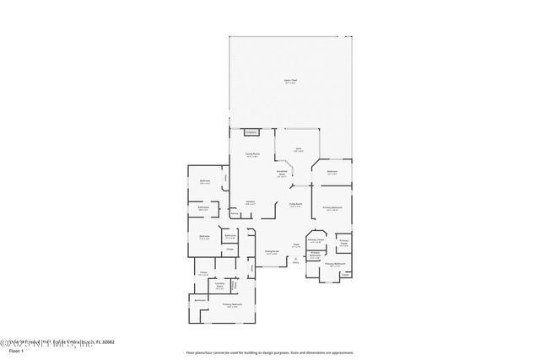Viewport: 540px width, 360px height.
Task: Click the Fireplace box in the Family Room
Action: click(251, 132)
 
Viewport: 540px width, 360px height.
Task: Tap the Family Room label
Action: click(251, 155)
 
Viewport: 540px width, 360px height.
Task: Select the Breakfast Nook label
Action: click(283, 173)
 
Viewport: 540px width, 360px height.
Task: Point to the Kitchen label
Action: click(251, 202)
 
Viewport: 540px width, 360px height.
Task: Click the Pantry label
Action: click(235, 214)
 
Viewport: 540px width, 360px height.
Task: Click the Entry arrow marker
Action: click(295, 262)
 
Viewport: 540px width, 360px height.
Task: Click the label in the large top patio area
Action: click(290, 82)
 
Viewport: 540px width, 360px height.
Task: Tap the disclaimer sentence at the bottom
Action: click(270, 352)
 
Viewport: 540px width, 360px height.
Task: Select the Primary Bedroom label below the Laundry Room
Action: click(233, 305)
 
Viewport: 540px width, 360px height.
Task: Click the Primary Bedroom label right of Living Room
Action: click(332, 208)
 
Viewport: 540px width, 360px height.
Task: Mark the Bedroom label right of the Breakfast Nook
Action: click(332, 173)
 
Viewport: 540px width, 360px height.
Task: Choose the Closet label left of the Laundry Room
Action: click(203, 273)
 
